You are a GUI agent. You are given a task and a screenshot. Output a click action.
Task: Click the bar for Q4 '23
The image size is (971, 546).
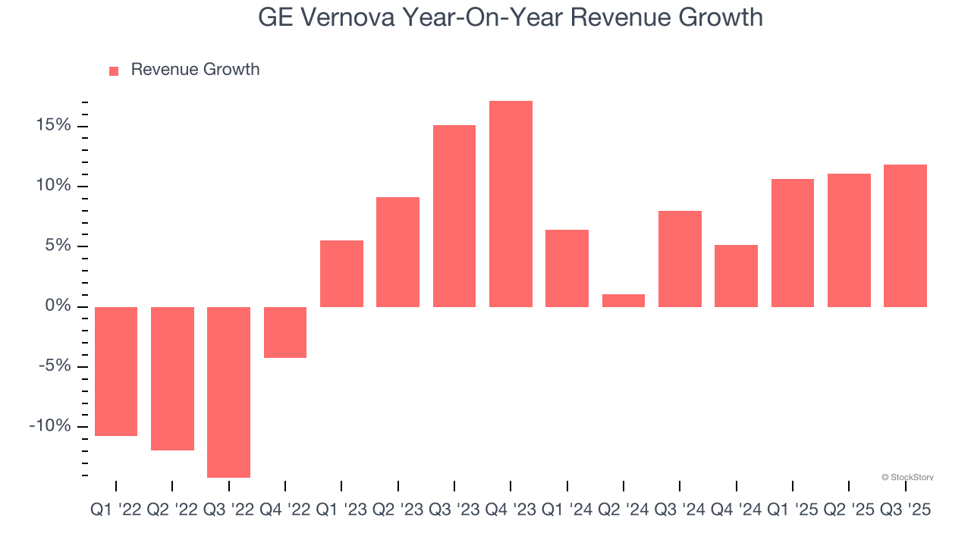pyautogui.click(x=511, y=204)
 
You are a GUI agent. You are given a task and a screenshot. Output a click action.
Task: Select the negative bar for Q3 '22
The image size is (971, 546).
pyautogui.click(x=228, y=392)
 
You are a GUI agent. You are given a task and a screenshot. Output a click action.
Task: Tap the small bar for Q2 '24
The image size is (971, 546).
pyautogui.click(x=624, y=300)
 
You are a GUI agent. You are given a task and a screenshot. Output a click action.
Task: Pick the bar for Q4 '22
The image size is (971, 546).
pyautogui.click(x=285, y=332)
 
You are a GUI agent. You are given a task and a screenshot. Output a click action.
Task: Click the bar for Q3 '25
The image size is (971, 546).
pyautogui.click(x=905, y=236)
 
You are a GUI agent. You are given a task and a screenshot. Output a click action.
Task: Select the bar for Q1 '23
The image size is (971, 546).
pyautogui.click(x=341, y=274)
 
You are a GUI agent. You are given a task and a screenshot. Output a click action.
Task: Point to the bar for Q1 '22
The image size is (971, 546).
pyautogui.click(x=116, y=372)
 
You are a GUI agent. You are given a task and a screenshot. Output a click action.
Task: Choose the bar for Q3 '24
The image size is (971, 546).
pyautogui.click(x=680, y=259)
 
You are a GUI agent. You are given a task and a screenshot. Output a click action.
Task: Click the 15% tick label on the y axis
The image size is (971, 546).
pyautogui.click(x=52, y=125)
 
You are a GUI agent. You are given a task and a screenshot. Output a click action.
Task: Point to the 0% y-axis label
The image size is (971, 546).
pyautogui.click(x=58, y=306)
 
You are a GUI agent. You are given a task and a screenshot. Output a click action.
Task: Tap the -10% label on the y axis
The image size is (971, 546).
pyautogui.click(x=49, y=426)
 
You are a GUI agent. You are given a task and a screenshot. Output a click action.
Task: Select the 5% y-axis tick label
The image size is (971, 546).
pyautogui.click(x=58, y=246)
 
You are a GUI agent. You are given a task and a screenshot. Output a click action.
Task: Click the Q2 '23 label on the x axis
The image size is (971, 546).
pyautogui.click(x=398, y=510)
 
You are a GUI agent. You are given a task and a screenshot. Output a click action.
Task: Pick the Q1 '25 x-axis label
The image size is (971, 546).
pyautogui.click(x=793, y=510)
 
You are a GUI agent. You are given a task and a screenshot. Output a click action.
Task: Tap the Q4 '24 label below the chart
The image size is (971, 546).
pyautogui.click(x=736, y=510)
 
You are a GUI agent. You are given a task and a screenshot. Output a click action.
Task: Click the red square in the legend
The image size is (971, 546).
pyautogui.click(x=114, y=71)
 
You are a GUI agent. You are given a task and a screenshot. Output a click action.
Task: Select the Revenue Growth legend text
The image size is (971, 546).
pyautogui.click(x=195, y=70)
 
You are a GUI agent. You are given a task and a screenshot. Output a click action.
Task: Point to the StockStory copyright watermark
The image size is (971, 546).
pyautogui.click(x=907, y=477)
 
